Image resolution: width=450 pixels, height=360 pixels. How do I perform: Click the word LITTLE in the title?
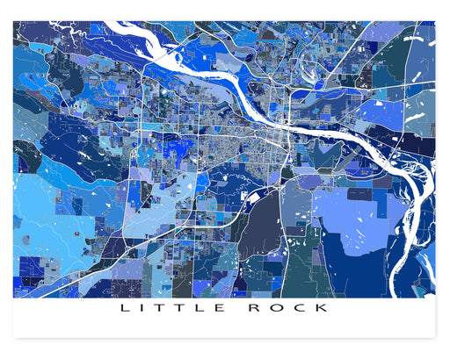[171, 308]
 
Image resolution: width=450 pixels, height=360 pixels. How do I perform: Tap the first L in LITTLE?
[123, 308]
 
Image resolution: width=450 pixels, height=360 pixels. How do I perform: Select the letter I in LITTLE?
[142, 308]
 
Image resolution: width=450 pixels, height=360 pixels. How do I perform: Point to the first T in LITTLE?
[161, 308]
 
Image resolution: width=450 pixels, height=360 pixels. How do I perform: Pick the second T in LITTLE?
[181, 308]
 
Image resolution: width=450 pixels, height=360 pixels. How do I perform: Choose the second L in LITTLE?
[201, 308]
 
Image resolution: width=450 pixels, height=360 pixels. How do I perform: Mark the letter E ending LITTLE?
[221, 308]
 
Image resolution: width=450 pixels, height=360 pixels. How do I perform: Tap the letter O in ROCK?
[280, 308]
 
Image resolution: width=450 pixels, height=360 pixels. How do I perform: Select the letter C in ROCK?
[302, 308]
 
